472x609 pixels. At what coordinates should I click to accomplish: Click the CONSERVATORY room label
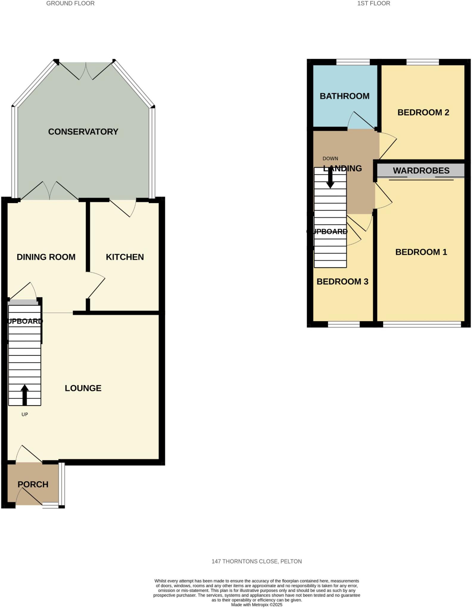83,132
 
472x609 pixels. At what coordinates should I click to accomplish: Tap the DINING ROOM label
46,257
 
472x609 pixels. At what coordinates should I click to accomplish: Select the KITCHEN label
125,257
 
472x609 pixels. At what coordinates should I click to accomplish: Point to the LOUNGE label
83,388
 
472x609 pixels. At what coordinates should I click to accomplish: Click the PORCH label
33,484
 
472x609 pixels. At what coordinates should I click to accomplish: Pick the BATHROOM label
345,96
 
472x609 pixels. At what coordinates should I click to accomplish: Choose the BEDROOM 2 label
423,112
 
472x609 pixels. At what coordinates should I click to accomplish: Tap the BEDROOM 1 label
421,252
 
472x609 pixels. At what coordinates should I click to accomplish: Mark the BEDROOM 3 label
342,282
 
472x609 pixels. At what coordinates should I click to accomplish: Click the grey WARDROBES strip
421,171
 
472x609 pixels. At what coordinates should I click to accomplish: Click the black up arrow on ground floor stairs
25,395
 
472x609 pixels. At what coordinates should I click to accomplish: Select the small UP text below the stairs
25,414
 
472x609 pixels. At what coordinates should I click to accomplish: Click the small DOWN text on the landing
330,158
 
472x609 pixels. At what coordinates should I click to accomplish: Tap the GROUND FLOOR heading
70,4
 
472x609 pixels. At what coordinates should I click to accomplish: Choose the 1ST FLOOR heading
373,4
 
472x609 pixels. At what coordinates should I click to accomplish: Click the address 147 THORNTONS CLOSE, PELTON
257,561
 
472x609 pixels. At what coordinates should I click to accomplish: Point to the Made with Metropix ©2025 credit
257,605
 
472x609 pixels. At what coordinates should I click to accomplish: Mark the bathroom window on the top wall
353,62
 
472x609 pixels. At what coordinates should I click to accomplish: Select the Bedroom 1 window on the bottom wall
422,324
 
